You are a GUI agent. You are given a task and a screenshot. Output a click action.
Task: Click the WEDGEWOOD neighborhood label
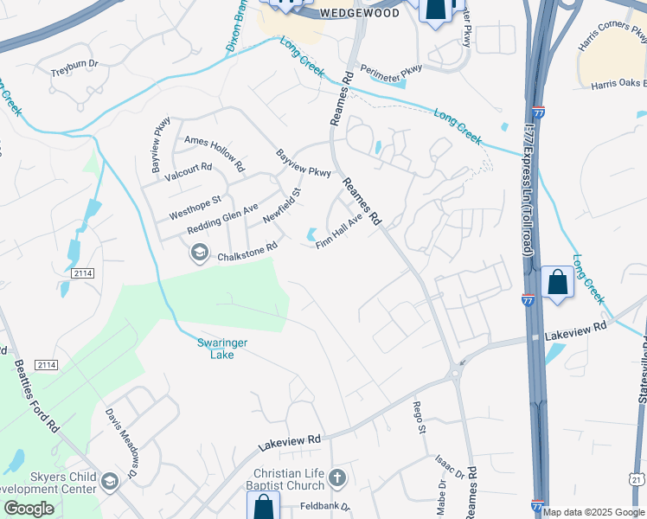coord(360,13)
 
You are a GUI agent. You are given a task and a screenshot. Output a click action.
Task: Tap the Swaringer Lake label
coord(222,349)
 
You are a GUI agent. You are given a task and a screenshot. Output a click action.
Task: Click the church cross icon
coord(337,477)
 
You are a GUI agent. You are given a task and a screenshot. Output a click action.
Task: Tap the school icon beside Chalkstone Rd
coord(200,252)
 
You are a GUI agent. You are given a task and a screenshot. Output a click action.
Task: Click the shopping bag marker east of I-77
coord(558,283)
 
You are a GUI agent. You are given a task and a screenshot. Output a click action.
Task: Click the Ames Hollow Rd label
coord(215,152)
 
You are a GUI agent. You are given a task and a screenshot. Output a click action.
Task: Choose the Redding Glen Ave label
coord(223,219)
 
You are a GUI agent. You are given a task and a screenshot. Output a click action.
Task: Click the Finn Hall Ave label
coord(338,232)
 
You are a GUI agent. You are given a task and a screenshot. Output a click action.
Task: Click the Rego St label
coord(420,418)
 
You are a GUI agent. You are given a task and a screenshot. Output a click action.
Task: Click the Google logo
coord(29,509)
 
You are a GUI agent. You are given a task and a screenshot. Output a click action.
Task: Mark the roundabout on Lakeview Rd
coord(454,375)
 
